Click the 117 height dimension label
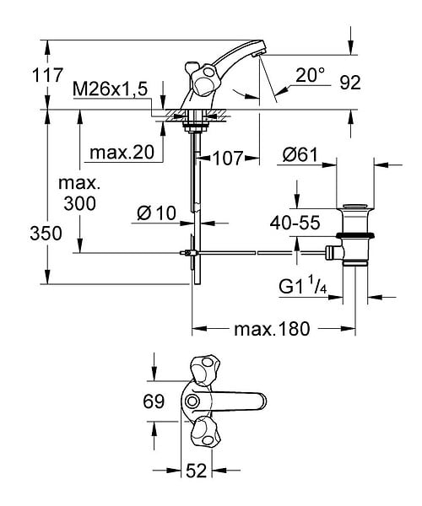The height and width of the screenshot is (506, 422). click(47, 76)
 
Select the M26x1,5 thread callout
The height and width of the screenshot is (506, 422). click(110, 89)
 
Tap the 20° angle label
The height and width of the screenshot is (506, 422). click(310, 75)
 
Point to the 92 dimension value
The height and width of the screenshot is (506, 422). click(350, 83)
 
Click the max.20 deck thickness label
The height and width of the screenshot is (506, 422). click(122, 152)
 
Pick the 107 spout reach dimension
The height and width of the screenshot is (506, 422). click(228, 159)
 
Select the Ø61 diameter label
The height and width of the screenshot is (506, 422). click(300, 155)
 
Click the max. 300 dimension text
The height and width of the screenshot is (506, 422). click(79, 193)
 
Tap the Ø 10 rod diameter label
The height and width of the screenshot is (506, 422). click(156, 213)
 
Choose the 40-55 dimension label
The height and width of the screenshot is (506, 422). click(295, 223)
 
